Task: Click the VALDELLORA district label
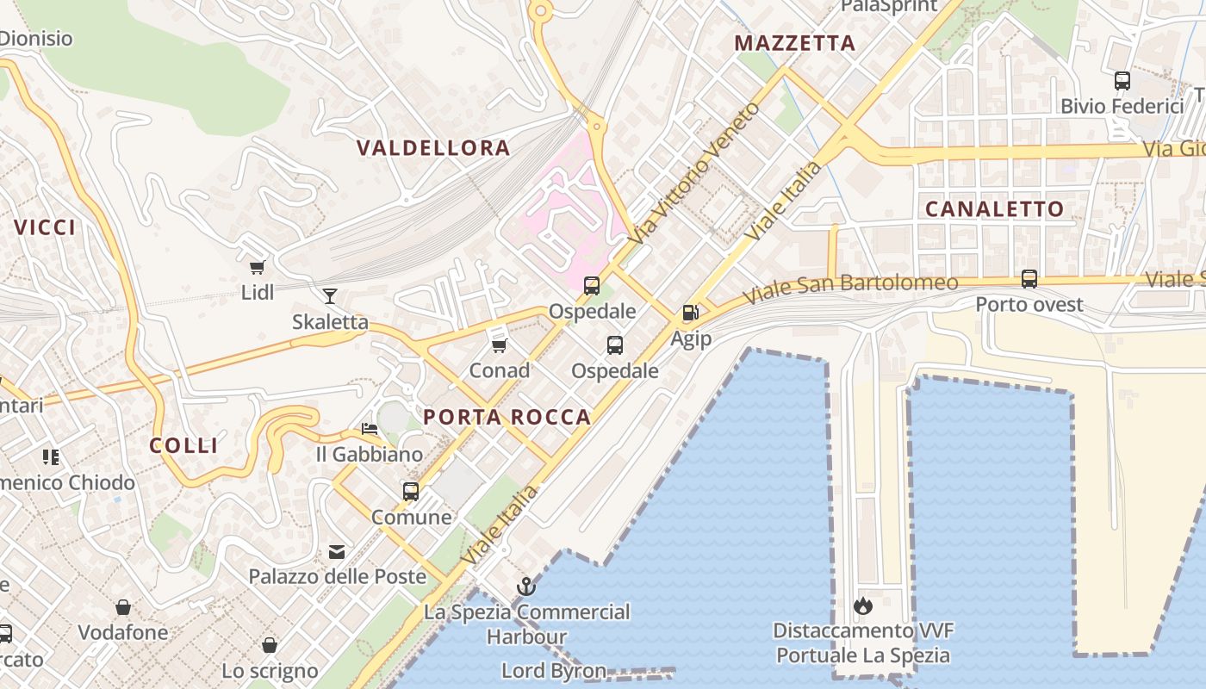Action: point(433,148)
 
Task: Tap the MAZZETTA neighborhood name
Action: point(794,43)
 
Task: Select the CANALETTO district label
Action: point(994,209)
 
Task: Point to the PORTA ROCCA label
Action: point(507,418)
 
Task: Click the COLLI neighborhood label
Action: point(183,445)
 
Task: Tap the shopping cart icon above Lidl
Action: point(257,267)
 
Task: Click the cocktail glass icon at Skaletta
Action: point(330,296)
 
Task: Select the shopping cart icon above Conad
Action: point(499,345)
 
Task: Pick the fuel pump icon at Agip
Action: point(690,313)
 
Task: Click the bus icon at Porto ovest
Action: point(1029,278)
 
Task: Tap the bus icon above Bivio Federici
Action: point(1122,81)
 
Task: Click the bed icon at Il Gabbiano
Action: point(370,428)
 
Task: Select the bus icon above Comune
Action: point(411,492)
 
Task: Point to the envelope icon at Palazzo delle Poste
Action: point(337,551)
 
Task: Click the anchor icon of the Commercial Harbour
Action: point(526,587)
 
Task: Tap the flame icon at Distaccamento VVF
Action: point(863,605)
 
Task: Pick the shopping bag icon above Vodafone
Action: point(123,607)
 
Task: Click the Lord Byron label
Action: point(554,670)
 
